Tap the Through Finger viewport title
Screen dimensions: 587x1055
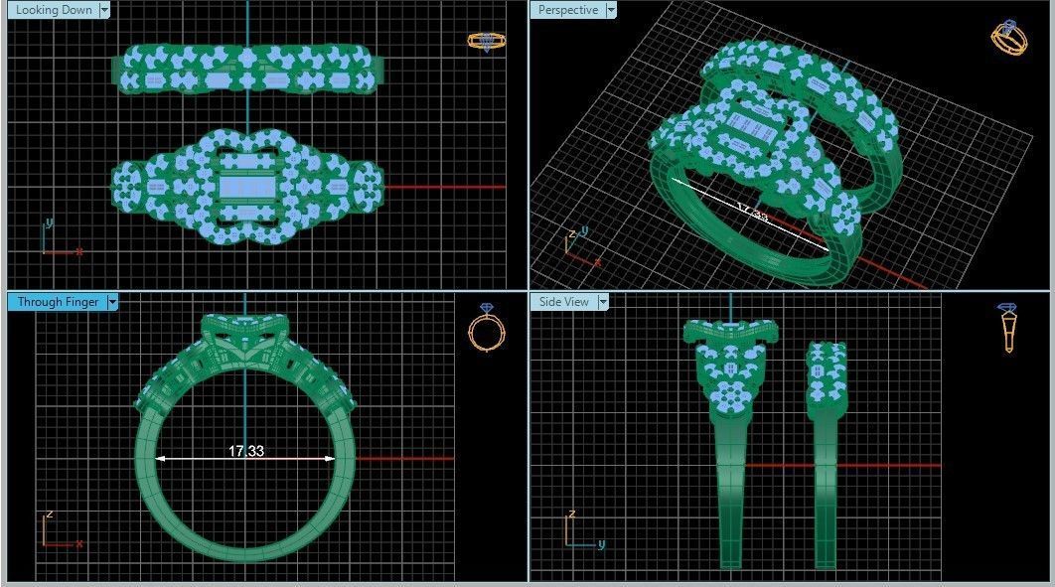tap(58, 302)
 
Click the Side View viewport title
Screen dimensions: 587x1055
tap(563, 302)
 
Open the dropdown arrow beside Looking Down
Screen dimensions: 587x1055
tap(104, 10)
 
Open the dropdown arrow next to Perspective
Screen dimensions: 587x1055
tap(611, 10)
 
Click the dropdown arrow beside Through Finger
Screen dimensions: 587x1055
tap(112, 302)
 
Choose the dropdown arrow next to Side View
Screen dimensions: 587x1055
tap(602, 302)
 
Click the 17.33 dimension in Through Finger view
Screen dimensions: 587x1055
tap(246, 451)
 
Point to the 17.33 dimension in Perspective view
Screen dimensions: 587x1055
tap(752, 211)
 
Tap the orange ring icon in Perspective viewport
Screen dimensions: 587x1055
tap(1008, 37)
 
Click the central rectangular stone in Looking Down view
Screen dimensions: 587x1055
tap(245, 187)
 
